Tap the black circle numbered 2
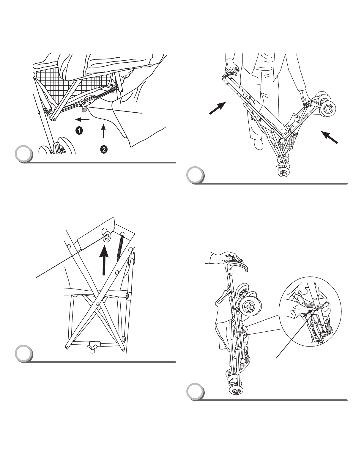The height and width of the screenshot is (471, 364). click(103, 150)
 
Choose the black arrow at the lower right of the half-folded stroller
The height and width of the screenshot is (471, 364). click(330, 138)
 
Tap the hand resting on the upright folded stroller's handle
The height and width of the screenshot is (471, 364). click(227, 256)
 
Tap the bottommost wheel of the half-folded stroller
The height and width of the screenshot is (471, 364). click(283, 173)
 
